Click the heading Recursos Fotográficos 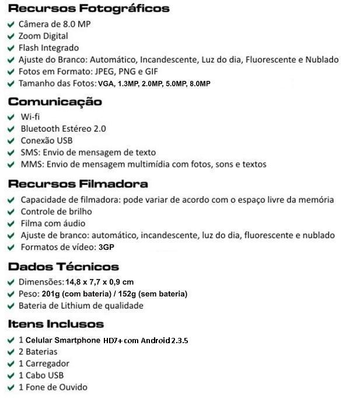click(89, 9)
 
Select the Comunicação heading click(55, 102)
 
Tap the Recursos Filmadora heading click(78, 184)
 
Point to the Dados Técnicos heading click(64, 267)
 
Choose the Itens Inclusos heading click(56, 324)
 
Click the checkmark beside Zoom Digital click(11, 37)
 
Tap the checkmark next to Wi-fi click(11, 117)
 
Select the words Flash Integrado click(48, 48)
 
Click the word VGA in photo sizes click(106, 84)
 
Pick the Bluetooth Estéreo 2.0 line click(63, 128)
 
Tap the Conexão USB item click(47, 141)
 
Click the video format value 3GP click(107, 247)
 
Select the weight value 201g click(51, 294)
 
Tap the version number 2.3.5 click(180, 340)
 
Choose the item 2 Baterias click(38, 352)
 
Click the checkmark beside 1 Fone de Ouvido click(11, 387)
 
